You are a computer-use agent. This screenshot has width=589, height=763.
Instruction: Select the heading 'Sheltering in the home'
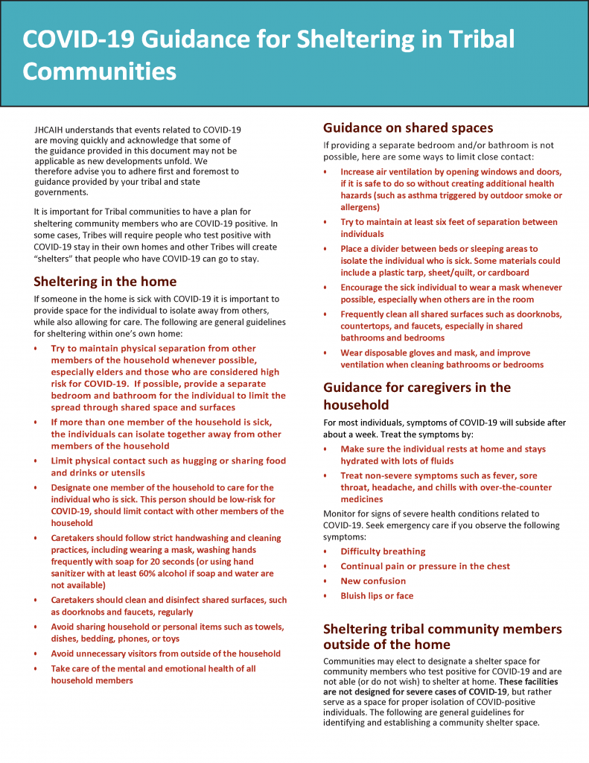click(105, 281)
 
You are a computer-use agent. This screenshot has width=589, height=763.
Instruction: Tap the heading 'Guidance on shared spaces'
click(408, 127)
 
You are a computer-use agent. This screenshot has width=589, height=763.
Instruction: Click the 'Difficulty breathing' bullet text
click(383, 551)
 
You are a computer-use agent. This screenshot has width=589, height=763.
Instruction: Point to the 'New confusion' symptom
click(373, 581)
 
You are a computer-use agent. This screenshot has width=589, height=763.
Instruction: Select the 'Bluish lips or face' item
click(377, 596)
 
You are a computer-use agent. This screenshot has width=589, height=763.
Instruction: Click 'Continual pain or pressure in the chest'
click(425, 566)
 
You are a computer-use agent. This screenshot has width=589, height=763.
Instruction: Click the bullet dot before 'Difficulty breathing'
click(325, 552)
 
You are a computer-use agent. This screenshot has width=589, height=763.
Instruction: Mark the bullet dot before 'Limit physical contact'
click(36, 461)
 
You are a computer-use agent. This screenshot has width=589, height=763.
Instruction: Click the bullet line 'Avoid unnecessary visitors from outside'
click(165, 653)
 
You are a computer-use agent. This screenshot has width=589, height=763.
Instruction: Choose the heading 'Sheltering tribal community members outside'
click(442, 636)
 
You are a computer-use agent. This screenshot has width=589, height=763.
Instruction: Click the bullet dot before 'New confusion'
click(325, 582)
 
